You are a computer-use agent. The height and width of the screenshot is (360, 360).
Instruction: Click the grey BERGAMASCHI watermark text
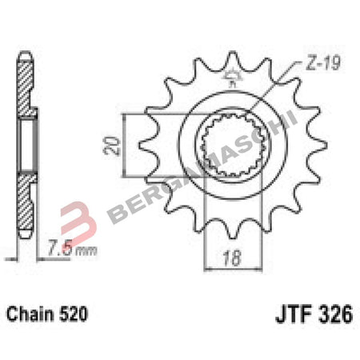tap(200, 172)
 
